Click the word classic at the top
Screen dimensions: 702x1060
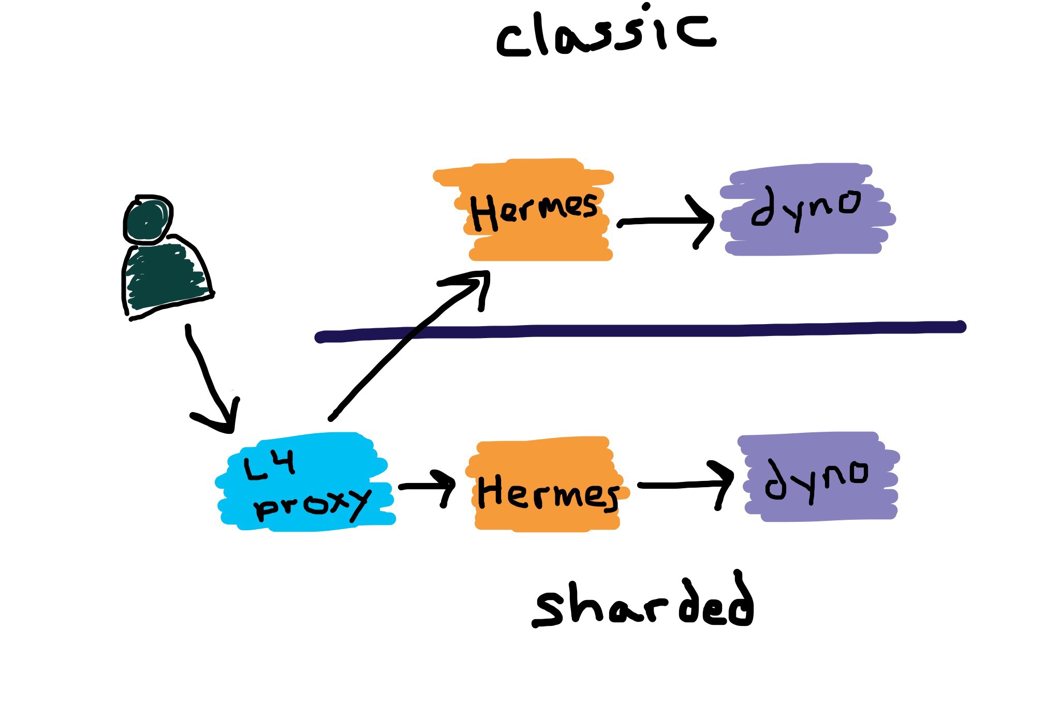(606, 34)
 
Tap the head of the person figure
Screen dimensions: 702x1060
(148, 221)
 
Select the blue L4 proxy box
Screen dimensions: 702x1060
(305, 481)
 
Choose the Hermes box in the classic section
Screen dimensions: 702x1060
(533, 210)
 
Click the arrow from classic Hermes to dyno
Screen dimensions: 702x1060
(665, 222)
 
